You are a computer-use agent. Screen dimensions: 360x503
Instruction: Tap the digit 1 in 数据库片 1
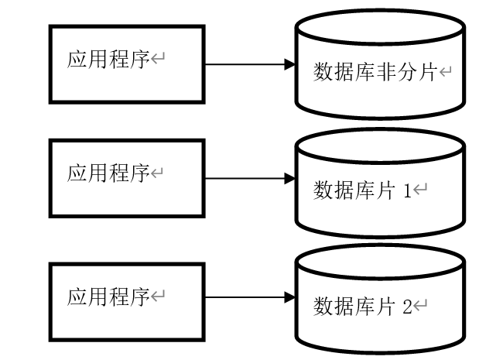407,190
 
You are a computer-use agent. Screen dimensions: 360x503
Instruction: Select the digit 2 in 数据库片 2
407,306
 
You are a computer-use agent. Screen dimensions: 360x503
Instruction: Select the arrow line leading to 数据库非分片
244,65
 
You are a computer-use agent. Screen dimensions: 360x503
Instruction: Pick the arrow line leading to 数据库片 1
244,179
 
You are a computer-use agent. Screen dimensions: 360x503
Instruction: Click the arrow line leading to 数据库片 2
244,297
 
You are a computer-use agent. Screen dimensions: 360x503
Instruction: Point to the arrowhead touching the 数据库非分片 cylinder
290,65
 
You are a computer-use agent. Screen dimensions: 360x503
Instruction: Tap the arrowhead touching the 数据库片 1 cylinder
290,179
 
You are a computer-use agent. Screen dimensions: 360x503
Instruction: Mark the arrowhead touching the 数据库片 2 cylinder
290,297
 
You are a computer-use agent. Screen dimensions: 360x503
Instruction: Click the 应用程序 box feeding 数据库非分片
127,63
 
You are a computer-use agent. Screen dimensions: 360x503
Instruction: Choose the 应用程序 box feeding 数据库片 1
127,177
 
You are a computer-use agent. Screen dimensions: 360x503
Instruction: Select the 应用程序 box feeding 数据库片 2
127,301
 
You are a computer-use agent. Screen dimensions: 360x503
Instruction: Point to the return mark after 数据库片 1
422,190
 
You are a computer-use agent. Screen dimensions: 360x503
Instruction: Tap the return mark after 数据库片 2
422,306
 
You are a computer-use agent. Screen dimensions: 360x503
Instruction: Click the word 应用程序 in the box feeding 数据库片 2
108,297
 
